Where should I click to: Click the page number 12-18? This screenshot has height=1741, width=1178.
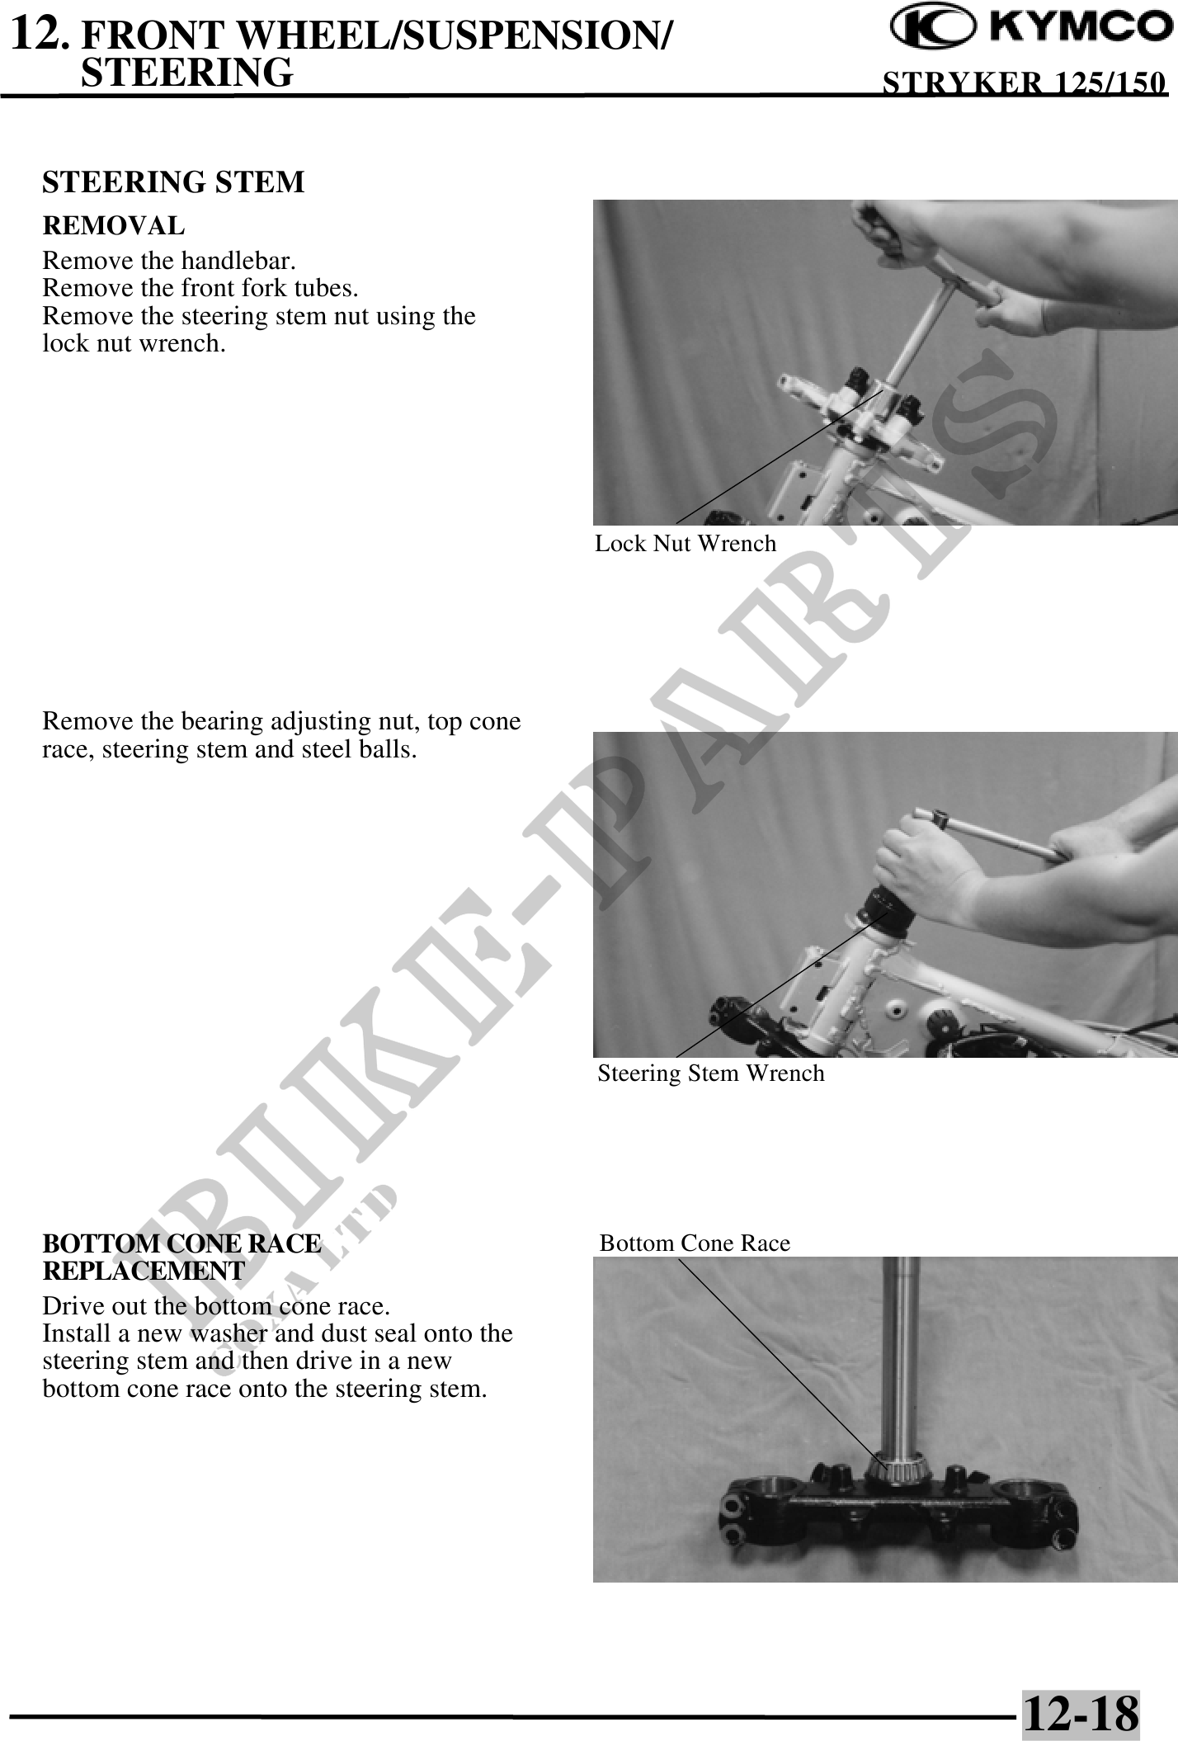click(1081, 1713)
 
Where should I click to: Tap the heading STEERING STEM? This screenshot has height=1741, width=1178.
click(173, 182)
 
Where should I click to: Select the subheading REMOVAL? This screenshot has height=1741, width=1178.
click(114, 225)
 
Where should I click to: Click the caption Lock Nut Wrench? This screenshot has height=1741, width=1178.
click(686, 543)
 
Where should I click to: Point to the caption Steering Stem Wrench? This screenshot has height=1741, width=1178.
click(711, 1073)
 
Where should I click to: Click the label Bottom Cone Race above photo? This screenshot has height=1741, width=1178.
click(695, 1243)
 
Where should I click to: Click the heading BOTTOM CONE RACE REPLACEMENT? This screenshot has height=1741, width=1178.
click(181, 1257)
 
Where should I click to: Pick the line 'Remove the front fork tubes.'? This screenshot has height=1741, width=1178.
click(200, 289)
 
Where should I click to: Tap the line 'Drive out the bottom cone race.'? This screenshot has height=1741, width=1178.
click(217, 1307)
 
